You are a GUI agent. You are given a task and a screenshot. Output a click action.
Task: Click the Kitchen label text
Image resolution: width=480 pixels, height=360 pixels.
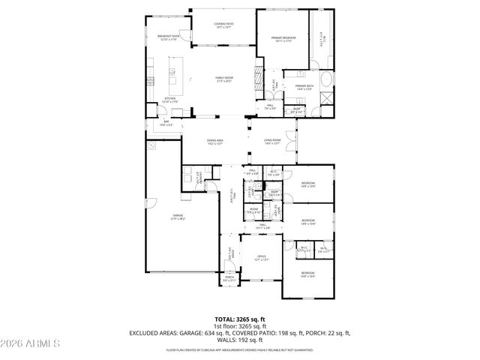pyautogui.click(x=170, y=98)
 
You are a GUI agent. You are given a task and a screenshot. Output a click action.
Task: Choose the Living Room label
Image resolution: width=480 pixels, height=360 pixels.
pyautogui.click(x=271, y=141)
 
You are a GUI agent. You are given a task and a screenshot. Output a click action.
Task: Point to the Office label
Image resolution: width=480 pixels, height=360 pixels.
pyautogui.click(x=262, y=257)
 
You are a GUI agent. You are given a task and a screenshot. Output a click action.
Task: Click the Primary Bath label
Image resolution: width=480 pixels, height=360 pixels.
pyautogui.click(x=304, y=87)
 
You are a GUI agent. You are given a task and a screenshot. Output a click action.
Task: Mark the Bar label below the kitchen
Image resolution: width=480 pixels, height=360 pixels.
pyautogui.click(x=166, y=124)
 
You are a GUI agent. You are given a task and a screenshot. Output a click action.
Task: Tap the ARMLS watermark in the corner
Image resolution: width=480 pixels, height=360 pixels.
pyautogui.click(x=30, y=344)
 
